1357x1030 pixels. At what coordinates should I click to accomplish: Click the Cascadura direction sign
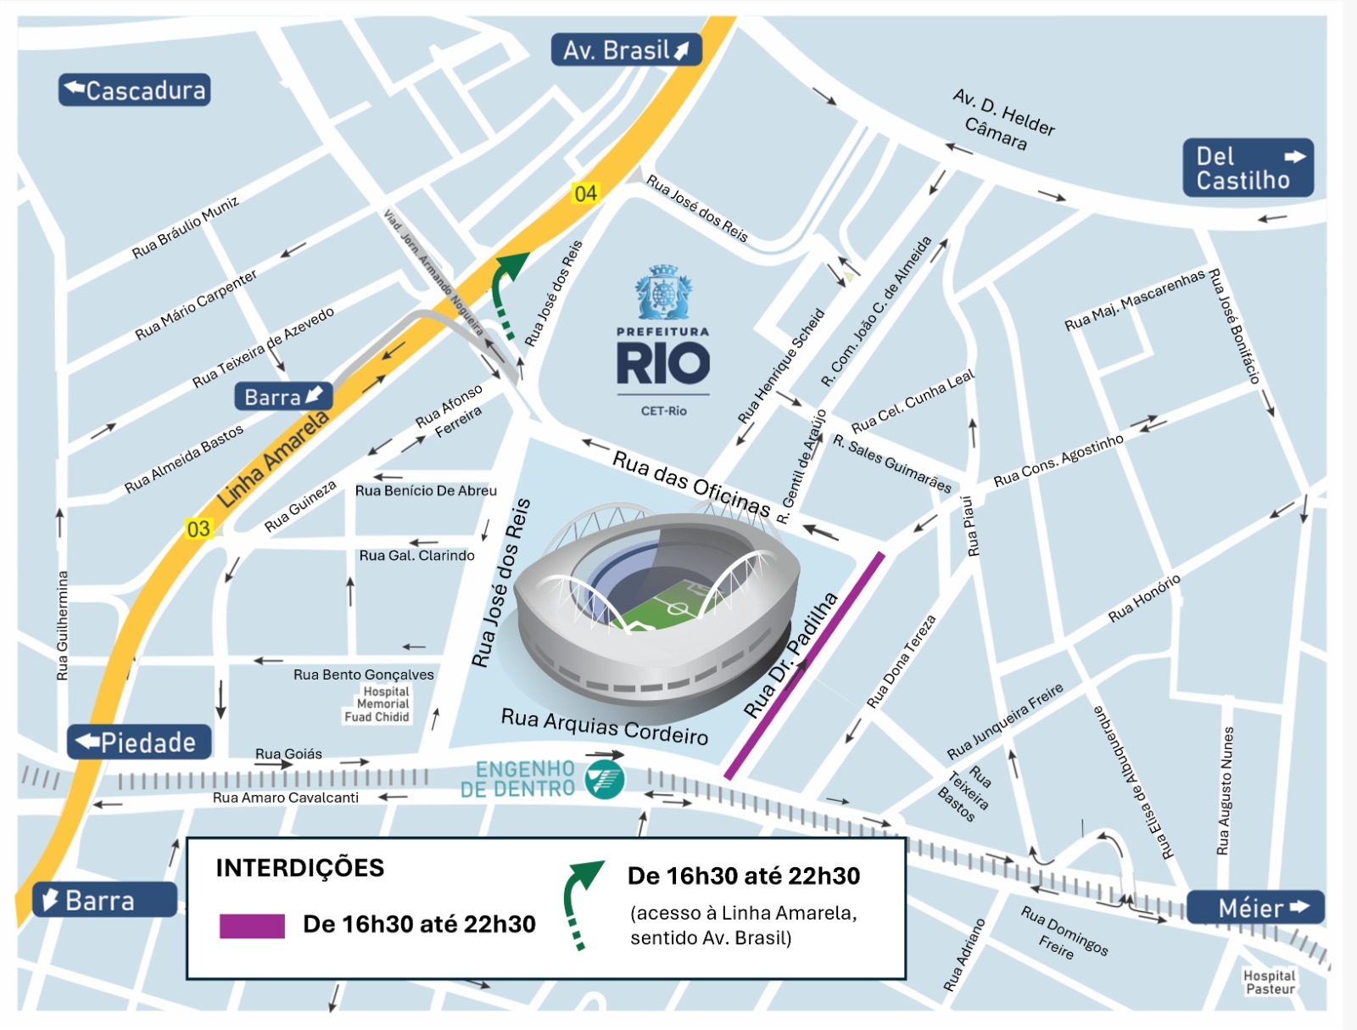pos(134,90)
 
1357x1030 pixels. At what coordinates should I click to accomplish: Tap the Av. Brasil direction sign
pos(626,50)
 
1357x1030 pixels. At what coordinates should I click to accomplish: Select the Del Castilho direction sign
pos(1248,168)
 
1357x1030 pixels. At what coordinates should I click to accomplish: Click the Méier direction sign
pos(1255,908)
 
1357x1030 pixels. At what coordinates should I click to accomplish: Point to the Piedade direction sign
pos(139,742)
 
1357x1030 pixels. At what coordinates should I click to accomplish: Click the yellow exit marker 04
pos(585,193)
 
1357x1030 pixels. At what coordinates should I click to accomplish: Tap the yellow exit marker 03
pos(198,529)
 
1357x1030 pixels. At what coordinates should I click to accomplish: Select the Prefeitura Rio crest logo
pos(663,293)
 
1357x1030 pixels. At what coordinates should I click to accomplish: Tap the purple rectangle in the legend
pos(252,926)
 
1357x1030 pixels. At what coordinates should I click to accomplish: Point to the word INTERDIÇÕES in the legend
pos(299,868)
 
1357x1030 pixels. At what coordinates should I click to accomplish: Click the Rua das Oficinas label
pos(690,484)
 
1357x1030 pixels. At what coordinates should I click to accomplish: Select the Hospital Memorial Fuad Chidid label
pos(378,704)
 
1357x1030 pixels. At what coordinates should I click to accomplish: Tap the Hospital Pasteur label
pos(1269,982)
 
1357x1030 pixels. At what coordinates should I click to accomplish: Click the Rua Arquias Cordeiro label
pos(604,725)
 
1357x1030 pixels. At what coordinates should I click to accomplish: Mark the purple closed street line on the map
pos(804,666)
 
